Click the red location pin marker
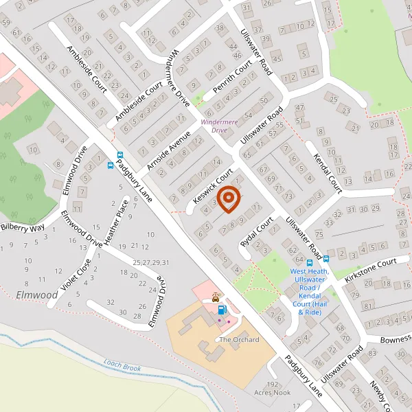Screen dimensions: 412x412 click(x=229, y=198)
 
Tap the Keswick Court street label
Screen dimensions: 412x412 click(x=214, y=187)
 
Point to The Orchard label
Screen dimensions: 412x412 click(x=239, y=339)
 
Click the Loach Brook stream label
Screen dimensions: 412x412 click(x=122, y=365)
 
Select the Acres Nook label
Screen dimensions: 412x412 click(x=272, y=393)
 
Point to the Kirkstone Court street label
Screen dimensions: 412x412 click(x=371, y=266)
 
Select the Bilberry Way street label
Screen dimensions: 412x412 click(x=22, y=227)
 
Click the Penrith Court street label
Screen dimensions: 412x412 click(x=233, y=81)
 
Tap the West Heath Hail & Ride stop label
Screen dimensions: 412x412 click(x=309, y=292)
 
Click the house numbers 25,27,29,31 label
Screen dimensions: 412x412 click(x=151, y=262)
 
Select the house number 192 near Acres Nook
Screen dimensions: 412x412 click(x=273, y=385)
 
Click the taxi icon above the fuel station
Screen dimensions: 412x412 click(x=216, y=297)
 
